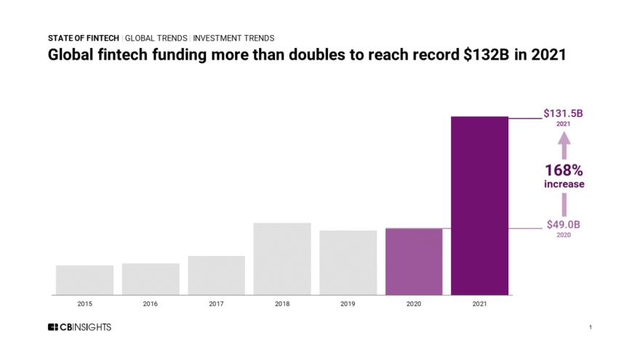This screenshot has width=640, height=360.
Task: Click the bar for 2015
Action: [x=84, y=280]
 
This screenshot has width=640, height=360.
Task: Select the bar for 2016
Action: [x=151, y=279]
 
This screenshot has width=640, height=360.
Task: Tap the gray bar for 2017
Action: [x=216, y=276]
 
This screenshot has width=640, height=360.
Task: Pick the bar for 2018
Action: [x=282, y=259]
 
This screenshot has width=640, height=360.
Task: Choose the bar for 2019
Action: [x=348, y=263]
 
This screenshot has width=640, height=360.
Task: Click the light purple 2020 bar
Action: [x=414, y=262]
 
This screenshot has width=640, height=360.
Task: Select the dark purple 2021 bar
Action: [x=479, y=206]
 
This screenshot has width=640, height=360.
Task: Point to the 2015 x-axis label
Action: [x=84, y=303]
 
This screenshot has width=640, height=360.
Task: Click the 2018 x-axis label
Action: [x=282, y=303]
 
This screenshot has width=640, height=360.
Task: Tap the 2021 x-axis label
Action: [x=479, y=303]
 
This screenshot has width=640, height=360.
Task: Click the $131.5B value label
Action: [x=564, y=113]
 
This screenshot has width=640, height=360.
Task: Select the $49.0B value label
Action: [x=564, y=225]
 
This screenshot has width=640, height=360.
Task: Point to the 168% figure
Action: [x=564, y=170]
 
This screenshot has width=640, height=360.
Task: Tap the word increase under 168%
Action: [x=564, y=185]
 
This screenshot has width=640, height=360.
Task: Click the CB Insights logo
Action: [x=79, y=327]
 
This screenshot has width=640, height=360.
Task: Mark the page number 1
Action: [x=591, y=327]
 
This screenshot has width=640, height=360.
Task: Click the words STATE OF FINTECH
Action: [x=84, y=38]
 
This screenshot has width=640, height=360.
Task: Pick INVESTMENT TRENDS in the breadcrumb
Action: [x=233, y=38]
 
